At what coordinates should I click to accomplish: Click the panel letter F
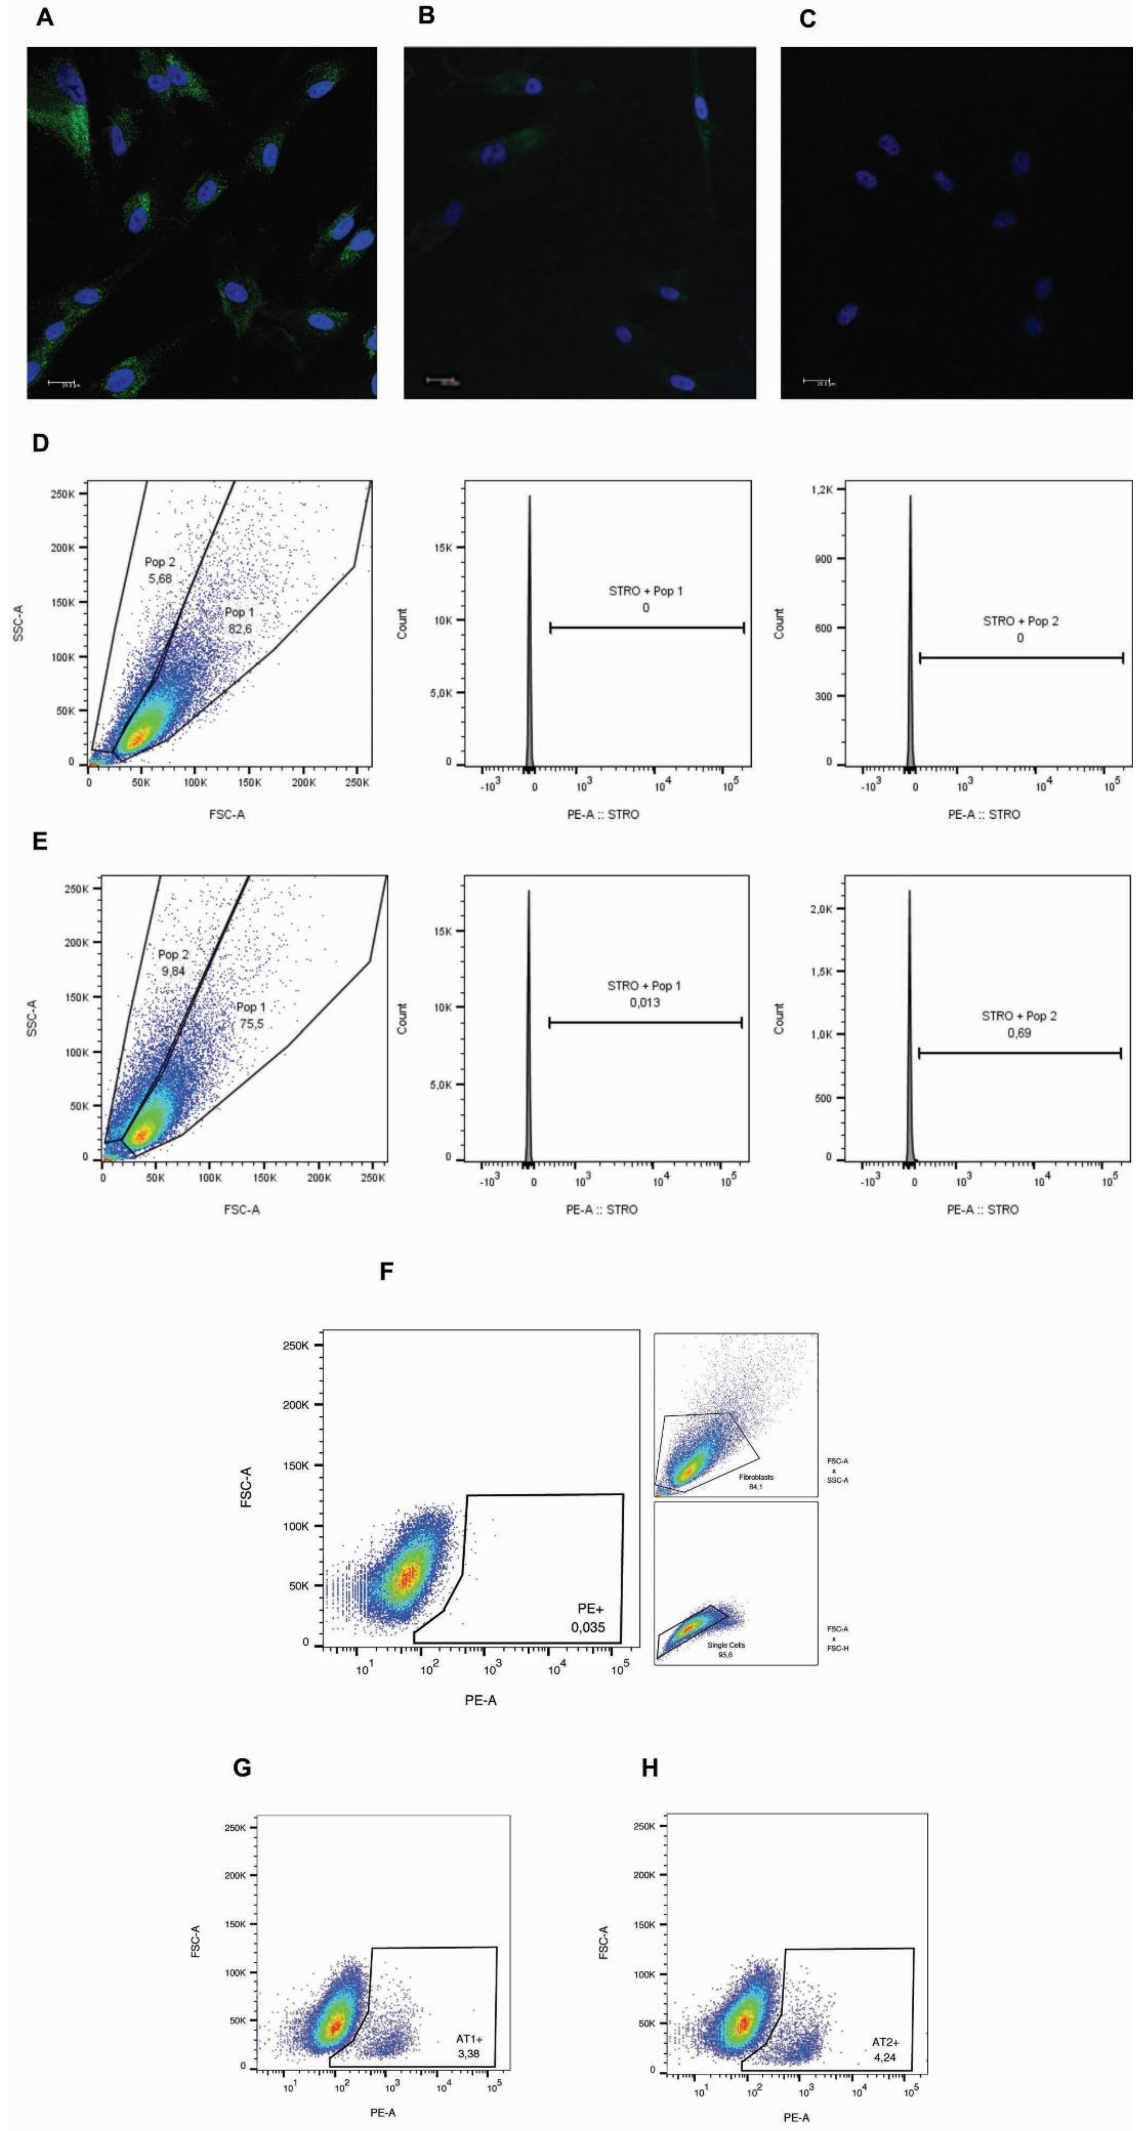(386, 1271)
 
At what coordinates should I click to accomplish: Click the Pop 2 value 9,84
(173, 970)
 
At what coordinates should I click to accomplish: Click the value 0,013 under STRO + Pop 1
(645, 1003)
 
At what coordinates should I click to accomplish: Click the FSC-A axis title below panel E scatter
(241, 1209)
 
